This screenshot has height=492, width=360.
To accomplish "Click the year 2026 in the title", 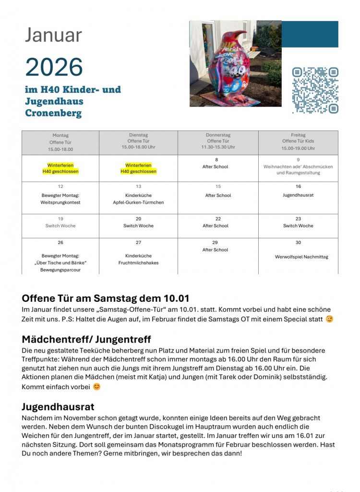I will (54, 67).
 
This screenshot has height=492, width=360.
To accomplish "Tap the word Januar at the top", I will (53, 35).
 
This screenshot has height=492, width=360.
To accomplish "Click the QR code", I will (315, 90).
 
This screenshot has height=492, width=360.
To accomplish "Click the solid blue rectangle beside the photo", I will (310, 34).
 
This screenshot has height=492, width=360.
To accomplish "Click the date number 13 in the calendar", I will (138, 186).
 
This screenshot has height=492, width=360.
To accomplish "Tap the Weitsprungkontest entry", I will (60, 203).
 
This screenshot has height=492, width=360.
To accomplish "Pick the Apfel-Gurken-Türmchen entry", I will (138, 203).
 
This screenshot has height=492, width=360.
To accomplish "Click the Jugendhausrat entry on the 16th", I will (298, 196).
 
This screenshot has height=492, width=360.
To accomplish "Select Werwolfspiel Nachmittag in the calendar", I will (301, 257).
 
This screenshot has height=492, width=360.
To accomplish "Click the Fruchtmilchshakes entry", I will (138, 263).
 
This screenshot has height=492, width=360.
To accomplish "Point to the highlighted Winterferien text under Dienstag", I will (138, 165).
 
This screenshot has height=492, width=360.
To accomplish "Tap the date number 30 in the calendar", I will (298, 243).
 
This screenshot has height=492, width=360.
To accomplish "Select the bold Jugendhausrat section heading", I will (58, 407).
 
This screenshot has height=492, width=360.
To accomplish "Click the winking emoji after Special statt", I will (329, 319).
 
